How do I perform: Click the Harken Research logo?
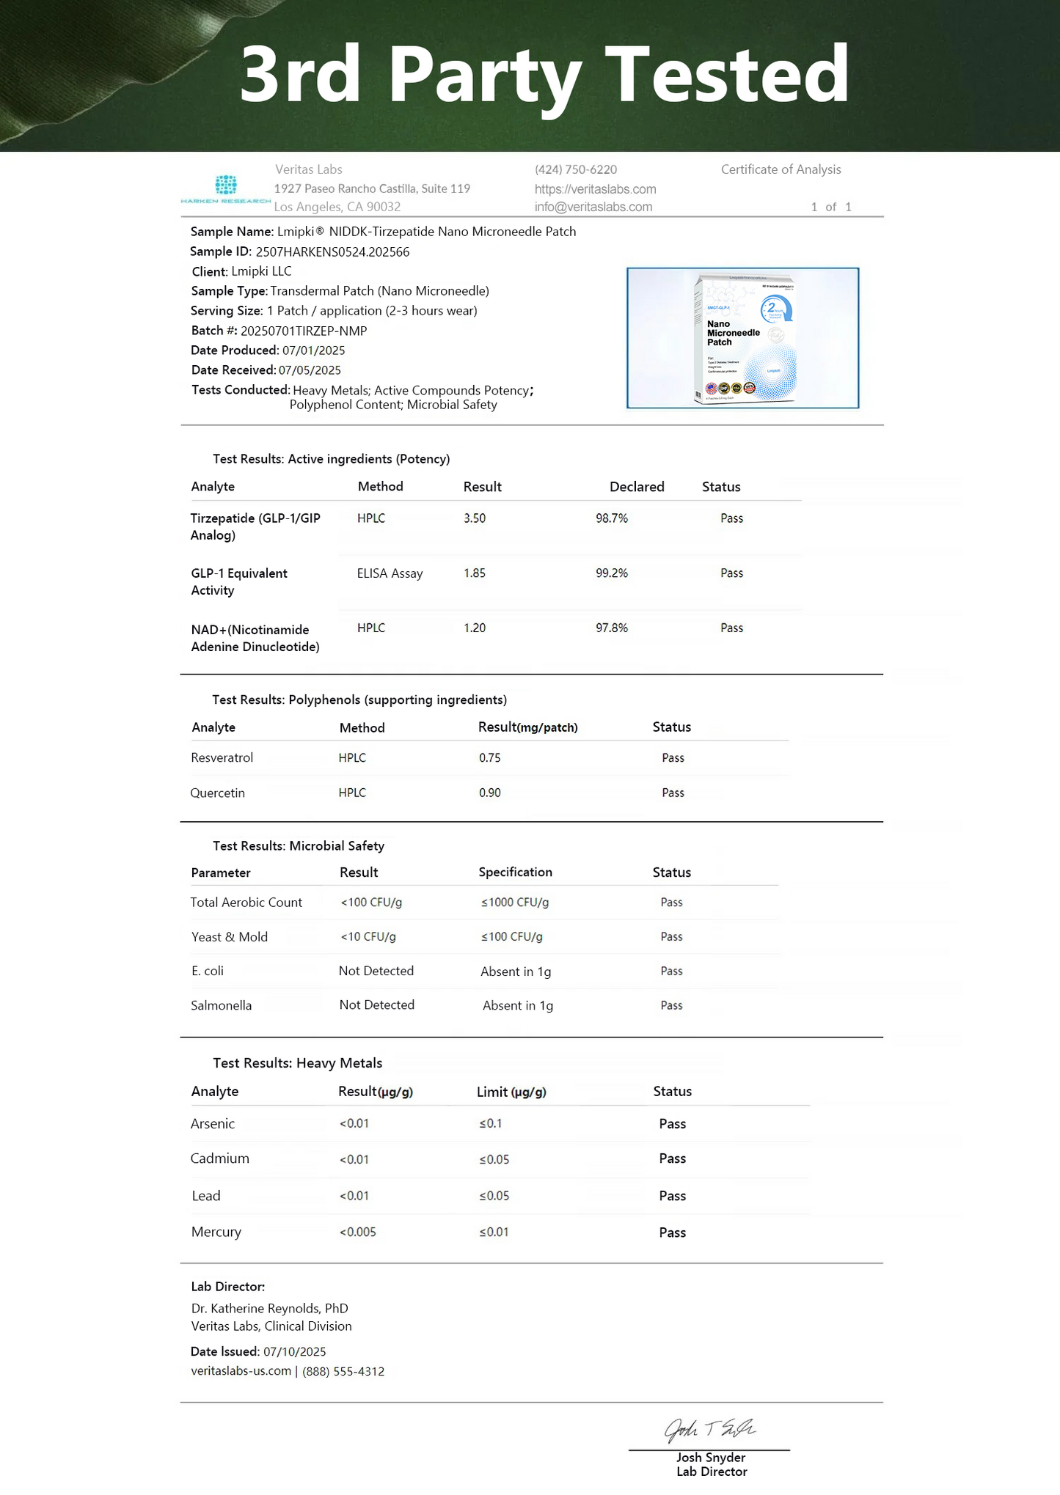tap(226, 188)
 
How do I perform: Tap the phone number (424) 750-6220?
tap(576, 169)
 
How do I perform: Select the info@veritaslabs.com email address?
tap(593, 207)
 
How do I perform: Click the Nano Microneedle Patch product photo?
tap(742, 338)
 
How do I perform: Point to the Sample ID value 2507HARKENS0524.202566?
tap(332, 251)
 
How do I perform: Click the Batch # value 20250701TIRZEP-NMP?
tap(304, 331)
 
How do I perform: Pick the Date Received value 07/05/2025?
tap(310, 370)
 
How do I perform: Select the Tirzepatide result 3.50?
tap(475, 518)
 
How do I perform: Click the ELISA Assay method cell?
tap(390, 573)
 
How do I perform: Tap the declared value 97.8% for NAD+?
tap(612, 628)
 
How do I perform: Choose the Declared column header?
tap(637, 487)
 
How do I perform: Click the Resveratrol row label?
tap(222, 757)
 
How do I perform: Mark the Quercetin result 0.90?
tap(490, 793)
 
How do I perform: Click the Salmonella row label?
tap(221, 1005)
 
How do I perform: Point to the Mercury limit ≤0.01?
tap(494, 1232)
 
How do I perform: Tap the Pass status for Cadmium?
tap(672, 1158)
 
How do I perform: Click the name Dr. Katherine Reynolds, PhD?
tap(269, 1308)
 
